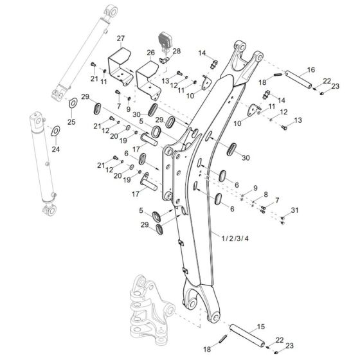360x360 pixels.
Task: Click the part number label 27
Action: [120, 39]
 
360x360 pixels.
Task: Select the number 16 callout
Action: [310, 69]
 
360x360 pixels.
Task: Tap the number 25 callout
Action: [71, 122]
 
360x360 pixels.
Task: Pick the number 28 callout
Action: [177, 51]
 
